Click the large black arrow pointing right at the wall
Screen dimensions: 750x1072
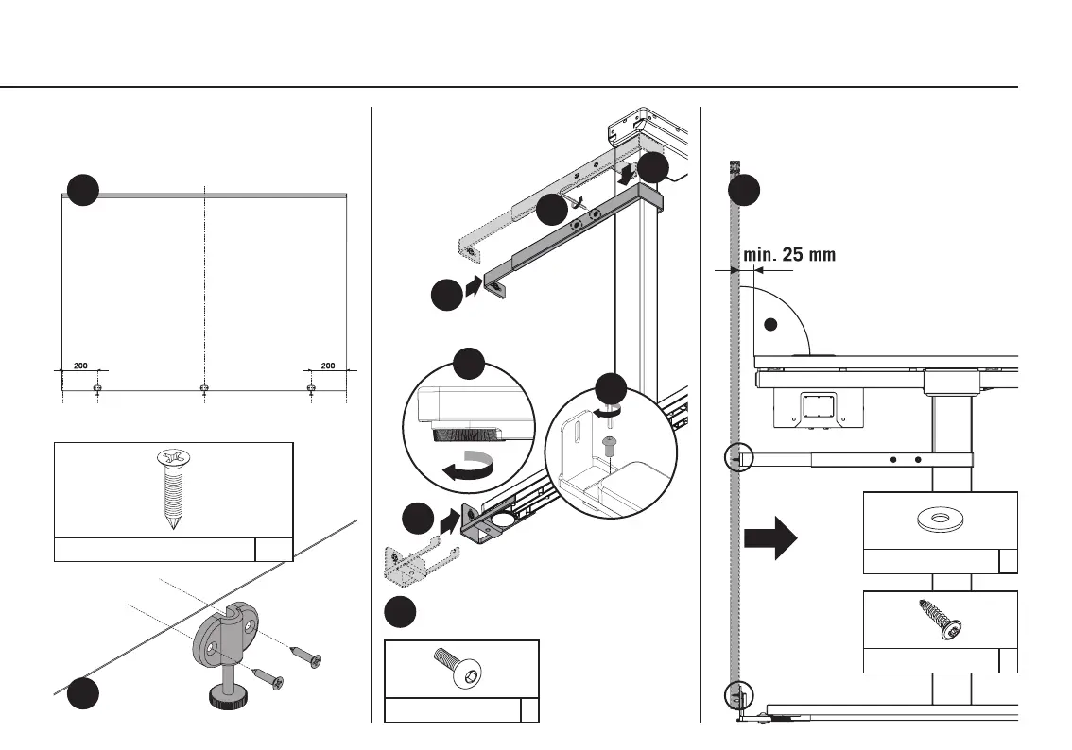coord(770,537)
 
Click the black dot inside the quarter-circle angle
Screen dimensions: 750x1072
coord(770,324)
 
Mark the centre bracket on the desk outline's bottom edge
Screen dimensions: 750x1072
coord(205,388)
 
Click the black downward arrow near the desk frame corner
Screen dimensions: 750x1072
coord(625,178)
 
